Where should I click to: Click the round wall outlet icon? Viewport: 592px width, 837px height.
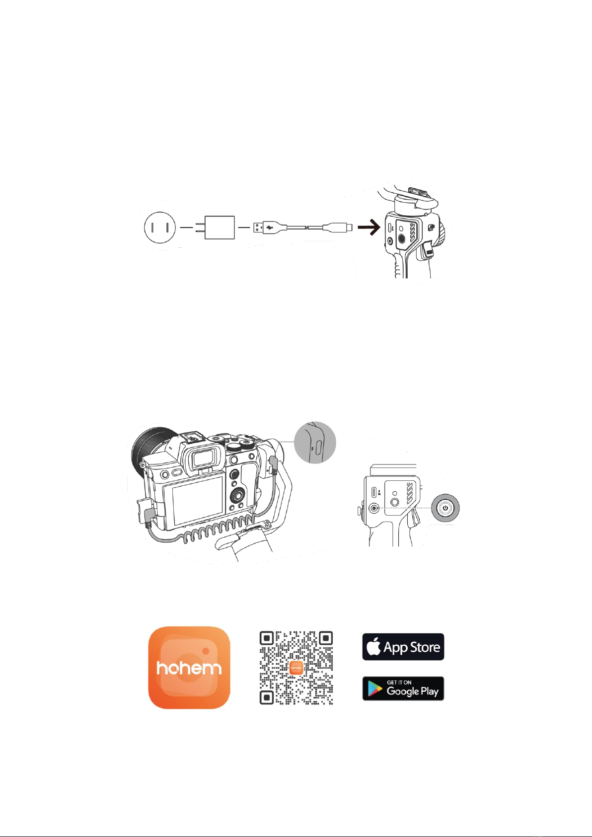[160, 227]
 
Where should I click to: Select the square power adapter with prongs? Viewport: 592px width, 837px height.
[215, 227]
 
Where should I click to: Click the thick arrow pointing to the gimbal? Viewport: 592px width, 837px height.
[369, 227]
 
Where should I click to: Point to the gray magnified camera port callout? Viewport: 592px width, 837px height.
[315, 443]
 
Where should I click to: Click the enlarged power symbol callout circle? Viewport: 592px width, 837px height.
[445, 508]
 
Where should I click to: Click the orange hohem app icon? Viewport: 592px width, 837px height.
[189, 667]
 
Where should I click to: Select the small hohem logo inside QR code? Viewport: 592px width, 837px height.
[296, 667]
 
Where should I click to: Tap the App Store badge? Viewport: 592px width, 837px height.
[403, 647]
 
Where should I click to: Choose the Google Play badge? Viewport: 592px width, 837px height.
[403, 688]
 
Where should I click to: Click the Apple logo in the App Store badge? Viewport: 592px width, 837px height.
[373, 646]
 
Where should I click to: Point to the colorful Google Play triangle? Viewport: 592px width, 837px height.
[374, 688]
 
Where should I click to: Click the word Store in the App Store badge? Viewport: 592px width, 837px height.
[424, 647]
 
